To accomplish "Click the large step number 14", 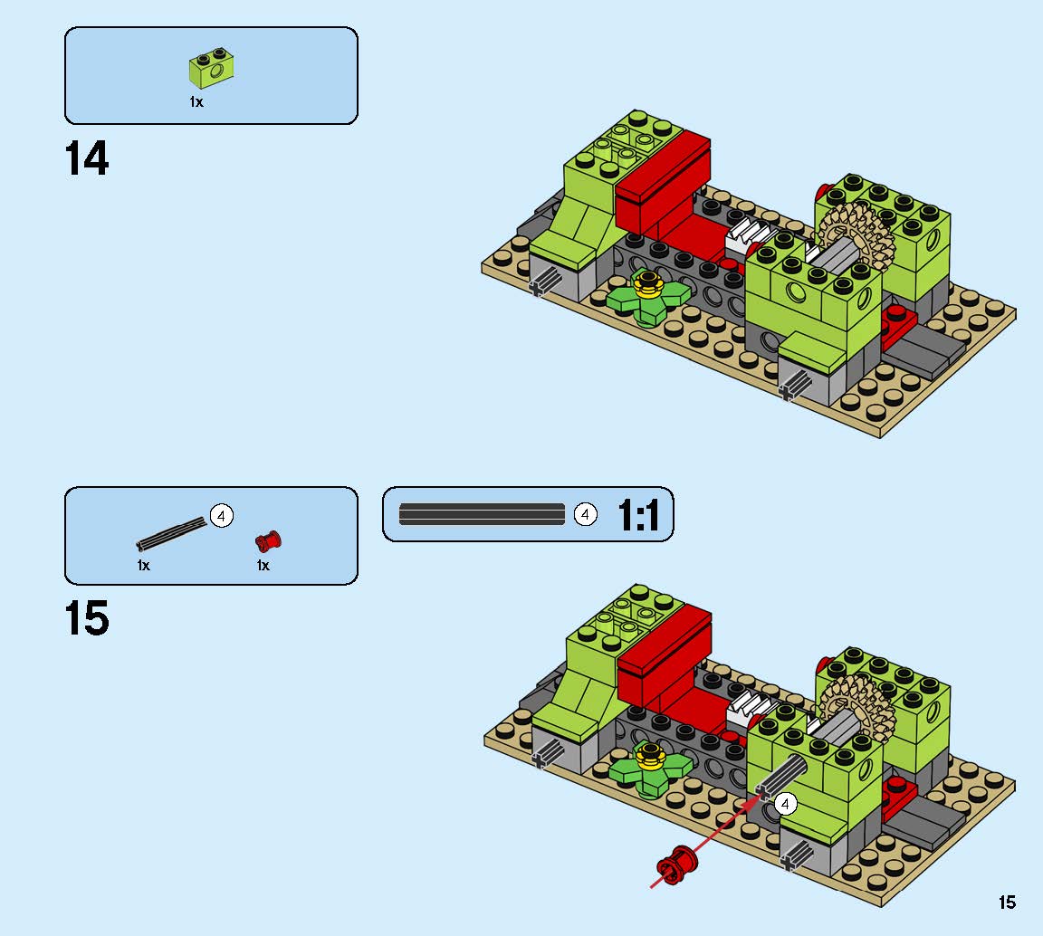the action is point(87,158).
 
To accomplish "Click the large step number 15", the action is point(87,618).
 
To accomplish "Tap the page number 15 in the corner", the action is point(1007,903).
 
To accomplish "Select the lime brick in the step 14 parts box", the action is point(212,68).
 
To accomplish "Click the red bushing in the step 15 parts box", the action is point(268,540).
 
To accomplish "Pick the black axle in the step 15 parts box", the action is point(172,534).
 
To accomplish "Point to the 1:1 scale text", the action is point(638,515).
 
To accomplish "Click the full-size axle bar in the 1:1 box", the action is point(482,514).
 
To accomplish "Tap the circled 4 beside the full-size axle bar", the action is point(586,514).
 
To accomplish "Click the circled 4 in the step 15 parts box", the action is point(222,516).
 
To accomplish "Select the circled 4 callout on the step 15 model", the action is point(785,804).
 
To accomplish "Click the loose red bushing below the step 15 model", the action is point(676,864).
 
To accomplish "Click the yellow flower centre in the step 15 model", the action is point(650,756).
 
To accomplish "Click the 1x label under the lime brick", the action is point(196,101).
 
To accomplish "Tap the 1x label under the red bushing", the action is point(263,566).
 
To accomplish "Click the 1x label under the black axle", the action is point(144,566).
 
